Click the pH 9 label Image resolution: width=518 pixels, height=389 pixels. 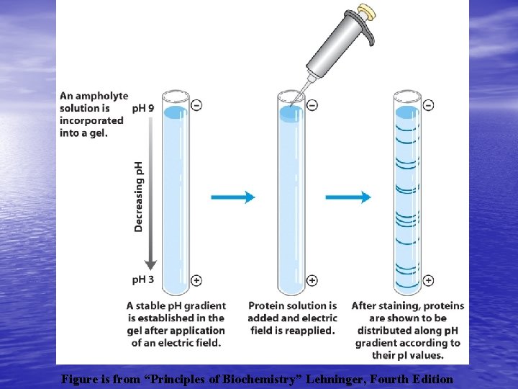point(143,109)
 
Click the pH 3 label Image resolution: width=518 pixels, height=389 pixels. point(143,280)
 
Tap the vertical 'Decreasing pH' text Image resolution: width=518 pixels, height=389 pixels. point(139,196)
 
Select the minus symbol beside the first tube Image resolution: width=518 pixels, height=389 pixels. point(196,105)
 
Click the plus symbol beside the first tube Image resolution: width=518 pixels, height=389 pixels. point(196,280)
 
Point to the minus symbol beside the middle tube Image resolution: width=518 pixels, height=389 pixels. point(312,105)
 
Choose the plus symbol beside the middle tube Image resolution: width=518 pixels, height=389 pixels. point(312,280)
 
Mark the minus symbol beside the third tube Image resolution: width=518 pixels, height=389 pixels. point(428,105)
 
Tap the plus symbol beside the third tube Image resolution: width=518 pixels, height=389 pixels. point(428,280)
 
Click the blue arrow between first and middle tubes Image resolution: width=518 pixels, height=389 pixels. point(233,197)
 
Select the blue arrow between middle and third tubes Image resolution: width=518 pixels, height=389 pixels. point(348,197)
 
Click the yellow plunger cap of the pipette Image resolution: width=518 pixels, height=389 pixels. point(368,12)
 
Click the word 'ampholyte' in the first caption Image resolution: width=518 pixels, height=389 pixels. point(103,95)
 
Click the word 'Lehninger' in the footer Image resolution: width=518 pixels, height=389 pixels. point(365,378)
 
